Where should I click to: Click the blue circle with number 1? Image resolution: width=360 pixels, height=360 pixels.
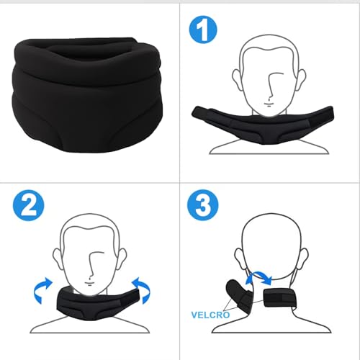click(203, 30)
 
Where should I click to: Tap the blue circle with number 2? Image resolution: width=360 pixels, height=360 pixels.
click(29, 205)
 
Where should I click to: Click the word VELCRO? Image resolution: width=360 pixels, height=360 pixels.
click(210, 315)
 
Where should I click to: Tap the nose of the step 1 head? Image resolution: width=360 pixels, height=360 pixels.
click(272, 86)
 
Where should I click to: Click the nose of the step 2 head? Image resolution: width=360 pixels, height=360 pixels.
click(93, 265)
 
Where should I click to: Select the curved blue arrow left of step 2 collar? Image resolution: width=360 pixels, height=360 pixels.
click(42, 289)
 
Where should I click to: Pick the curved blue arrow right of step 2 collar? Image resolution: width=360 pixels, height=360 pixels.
click(142, 290)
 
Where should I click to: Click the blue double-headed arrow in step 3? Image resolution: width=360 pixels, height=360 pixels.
click(259, 276)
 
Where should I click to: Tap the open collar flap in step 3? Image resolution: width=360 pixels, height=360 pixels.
click(239, 296)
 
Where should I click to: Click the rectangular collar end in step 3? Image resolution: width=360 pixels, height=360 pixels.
click(277, 298)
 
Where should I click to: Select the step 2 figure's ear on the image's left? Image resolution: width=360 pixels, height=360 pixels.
click(58, 258)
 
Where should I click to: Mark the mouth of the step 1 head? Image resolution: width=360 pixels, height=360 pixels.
click(269, 104)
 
